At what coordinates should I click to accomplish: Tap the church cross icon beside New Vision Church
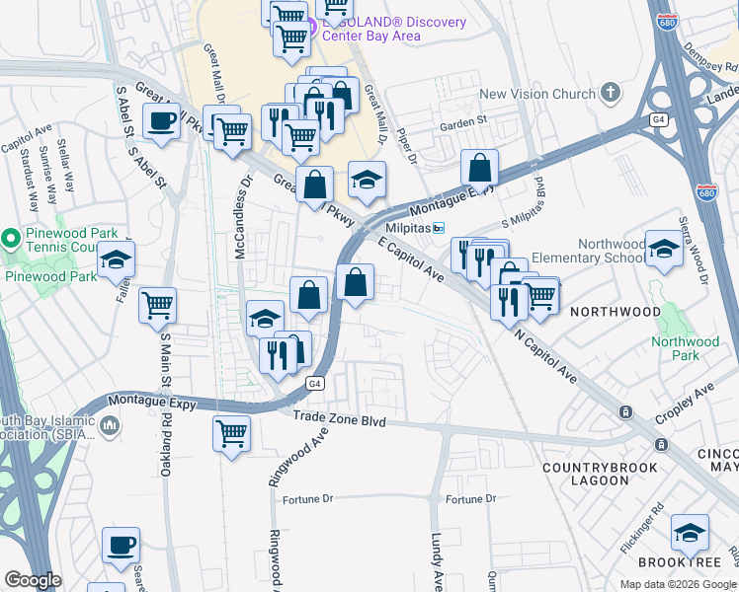coord(611,94)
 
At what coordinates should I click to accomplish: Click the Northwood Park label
coord(685,348)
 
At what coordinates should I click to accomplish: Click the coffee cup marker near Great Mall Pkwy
coord(161,121)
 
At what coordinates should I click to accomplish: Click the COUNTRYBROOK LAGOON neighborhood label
coord(585,473)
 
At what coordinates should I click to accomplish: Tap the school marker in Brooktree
coord(690,533)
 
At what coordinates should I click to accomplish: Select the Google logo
coord(33,580)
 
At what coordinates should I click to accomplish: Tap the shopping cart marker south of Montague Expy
coord(231,432)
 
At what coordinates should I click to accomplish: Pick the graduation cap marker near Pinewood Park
coord(116,259)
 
